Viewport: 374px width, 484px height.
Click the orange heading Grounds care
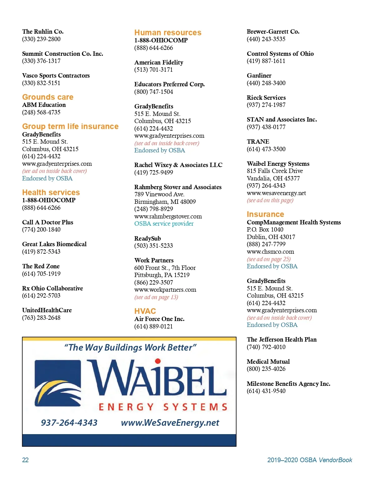tap(48, 97)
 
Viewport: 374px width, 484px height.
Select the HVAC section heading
tap(145, 311)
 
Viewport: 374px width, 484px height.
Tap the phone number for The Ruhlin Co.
tap(41, 39)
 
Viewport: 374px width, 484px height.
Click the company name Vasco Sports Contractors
tap(56, 75)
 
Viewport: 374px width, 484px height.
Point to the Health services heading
tap(51, 192)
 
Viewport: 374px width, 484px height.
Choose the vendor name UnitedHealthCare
tap(47, 310)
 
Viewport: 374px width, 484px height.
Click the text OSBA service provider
tap(164, 223)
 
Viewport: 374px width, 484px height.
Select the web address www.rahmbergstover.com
tap(168, 216)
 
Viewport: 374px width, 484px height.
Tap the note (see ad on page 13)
tap(156, 297)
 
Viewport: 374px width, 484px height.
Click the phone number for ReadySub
tap(153, 246)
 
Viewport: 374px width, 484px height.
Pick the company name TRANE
tap(258, 141)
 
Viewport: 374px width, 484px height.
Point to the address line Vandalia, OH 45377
tap(273, 178)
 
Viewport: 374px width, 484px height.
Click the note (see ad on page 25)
tap(268, 259)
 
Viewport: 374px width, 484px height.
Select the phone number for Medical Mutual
tap(266, 369)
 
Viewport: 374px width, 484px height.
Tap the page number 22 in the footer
tap(25, 460)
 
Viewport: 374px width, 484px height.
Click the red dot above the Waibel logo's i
tap(158, 361)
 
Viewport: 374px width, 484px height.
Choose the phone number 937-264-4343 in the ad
tap(69, 423)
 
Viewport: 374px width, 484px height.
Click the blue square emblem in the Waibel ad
tap(58, 383)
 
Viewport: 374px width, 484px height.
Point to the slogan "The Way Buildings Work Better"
tap(130, 347)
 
